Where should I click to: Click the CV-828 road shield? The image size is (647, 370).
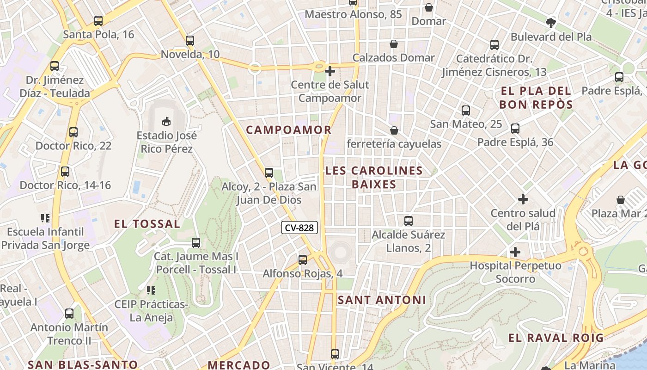pos(299,228)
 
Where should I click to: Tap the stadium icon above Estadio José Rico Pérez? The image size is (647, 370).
pos(166,122)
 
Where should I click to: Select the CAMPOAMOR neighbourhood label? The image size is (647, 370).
pos(288,130)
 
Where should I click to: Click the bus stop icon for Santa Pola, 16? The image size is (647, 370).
pos(98,21)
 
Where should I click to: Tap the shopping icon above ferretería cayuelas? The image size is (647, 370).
pos(394,131)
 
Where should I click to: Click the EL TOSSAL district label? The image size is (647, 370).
pos(147,224)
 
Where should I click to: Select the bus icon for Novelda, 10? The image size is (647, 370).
pos(189,41)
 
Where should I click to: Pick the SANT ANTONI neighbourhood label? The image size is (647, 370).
pos(382,300)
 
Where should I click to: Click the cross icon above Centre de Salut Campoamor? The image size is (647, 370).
pos(330,71)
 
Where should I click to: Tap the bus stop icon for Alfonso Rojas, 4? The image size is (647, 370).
pos(302,260)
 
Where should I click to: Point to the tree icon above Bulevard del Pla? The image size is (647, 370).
pos(550,23)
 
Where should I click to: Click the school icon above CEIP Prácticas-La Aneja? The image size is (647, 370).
pos(151,290)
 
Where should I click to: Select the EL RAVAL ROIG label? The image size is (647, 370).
pos(556,338)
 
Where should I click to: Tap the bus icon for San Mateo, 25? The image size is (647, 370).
pos(465,111)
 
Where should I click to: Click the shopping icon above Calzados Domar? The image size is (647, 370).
pos(393,44)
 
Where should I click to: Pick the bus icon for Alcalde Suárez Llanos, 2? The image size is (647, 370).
pos(408,221)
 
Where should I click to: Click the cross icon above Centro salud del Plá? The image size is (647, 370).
pos(523,199)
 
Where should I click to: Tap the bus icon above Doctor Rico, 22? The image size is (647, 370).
pos(73,132)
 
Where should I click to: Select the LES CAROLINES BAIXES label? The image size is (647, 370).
pos(374,177)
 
